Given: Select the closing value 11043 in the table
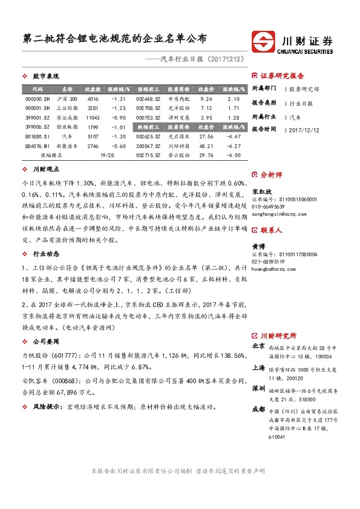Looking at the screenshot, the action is pos(93,118).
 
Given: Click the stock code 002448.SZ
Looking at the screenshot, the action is pos(148,99).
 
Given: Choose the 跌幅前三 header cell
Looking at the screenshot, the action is pos(148,127).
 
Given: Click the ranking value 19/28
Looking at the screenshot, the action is pos(107,155).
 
